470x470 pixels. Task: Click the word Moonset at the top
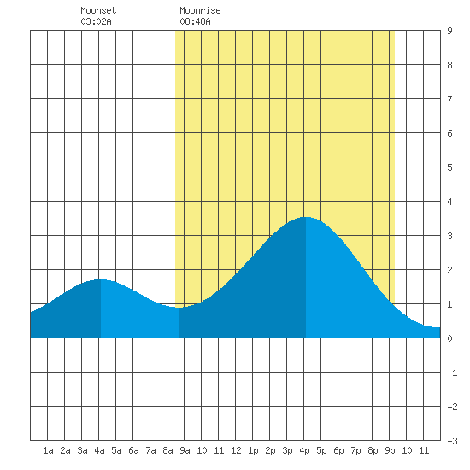(x=98, y=10)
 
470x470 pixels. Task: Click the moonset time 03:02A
(x=96, y=21)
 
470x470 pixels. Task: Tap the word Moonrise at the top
(x=200, y=10)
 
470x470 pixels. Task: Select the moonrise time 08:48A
(x=195, y=21)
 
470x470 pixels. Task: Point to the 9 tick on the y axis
(x=449, y=31)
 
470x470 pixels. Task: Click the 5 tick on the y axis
(x=449, y=167)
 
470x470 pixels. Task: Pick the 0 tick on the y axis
(x=449, y=338)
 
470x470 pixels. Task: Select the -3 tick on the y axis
(x=452, y=441)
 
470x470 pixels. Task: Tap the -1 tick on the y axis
(x=452, y=373)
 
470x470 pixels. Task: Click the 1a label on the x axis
(x=48, y=450)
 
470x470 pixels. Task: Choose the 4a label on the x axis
(x=99, y=450)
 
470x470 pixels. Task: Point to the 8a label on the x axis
(x=167, y=450)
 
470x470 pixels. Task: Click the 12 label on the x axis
(x=236, y=450)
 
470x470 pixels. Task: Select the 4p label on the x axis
(x=304, y=450)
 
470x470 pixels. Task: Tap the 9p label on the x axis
(x=390, y=450)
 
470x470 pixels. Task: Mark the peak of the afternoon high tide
(x=306, y=217)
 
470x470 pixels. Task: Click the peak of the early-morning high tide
(x=101, y=279)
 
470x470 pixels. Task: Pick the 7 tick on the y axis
(x=449, y=99)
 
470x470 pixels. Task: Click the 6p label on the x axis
(x=338, y=450)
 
